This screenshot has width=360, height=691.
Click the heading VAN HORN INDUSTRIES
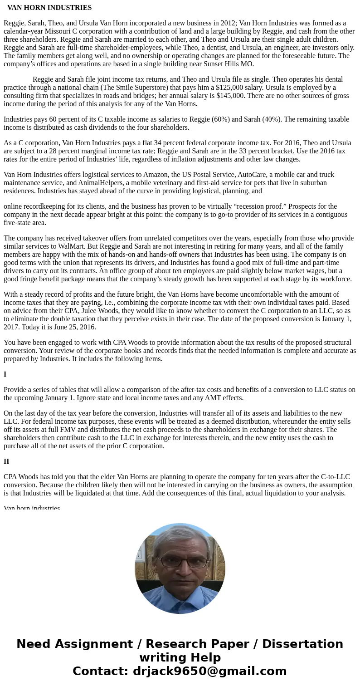(49, 8)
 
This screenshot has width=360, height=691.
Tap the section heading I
(5, 374)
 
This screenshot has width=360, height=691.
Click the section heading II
(6, 461)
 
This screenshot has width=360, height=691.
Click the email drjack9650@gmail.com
(209, 671)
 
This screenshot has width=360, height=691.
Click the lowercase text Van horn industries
(32, 508)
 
